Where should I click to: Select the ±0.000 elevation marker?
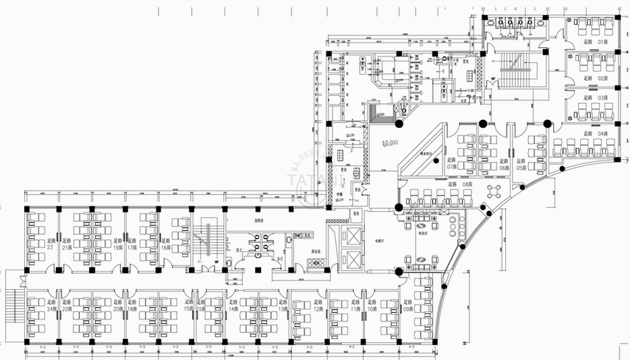[390, 142]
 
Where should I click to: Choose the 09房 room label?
[409, 307]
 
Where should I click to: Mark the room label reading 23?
[50, 243]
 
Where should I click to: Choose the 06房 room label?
[503, 164]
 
